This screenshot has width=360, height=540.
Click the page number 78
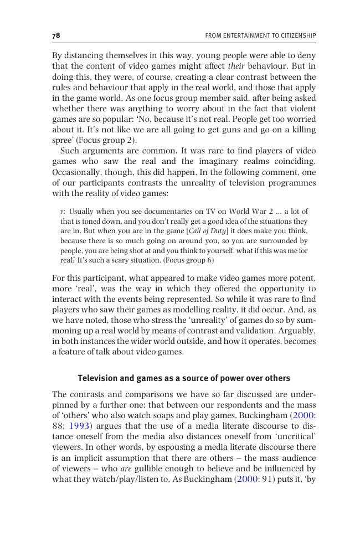[56, 35]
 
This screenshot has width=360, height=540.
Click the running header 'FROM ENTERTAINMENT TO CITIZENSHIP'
[260, 36]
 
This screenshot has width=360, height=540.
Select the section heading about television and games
[184, 378]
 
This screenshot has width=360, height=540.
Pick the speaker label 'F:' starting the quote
[64, 212]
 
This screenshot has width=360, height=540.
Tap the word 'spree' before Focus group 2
[62, 140]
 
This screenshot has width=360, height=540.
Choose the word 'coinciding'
[294, 161]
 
